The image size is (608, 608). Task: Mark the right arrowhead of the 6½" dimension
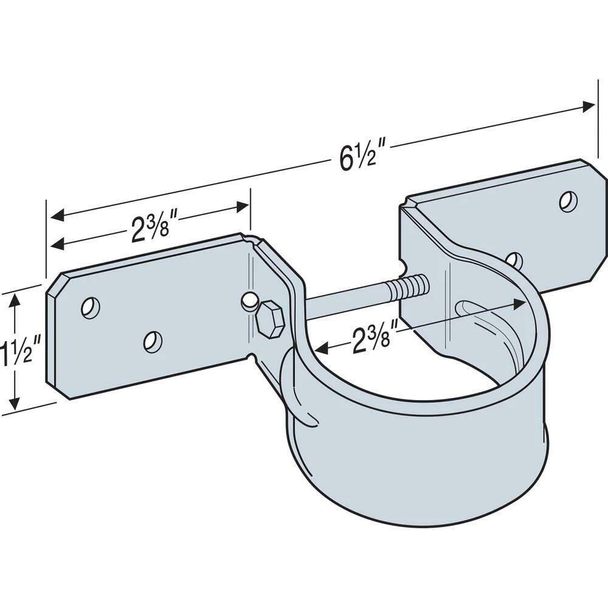[589, 106]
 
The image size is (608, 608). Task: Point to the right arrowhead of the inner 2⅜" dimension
[519, 302]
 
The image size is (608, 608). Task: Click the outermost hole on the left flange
[91, 308]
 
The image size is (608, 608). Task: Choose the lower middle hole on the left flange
[153, 340]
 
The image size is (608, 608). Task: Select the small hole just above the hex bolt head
[247, 300]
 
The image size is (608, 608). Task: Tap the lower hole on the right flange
[516, 260]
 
